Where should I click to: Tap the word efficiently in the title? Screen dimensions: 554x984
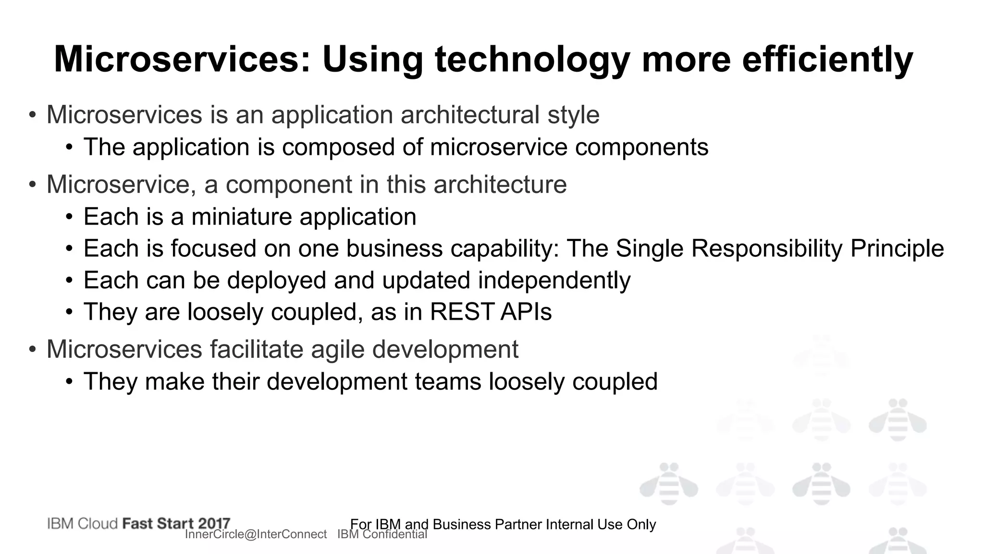point(827,60)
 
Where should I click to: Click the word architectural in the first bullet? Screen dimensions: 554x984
point(469,115)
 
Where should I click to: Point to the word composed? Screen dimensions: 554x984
point(338,147)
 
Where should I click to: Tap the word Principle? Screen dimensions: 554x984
point(897,249)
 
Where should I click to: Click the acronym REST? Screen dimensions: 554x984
point(462,312)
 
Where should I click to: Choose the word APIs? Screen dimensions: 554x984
point(526,312)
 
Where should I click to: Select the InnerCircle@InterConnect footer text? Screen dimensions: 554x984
point(256,535)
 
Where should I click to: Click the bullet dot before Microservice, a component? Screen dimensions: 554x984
point(32,185)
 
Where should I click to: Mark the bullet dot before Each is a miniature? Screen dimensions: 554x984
point(70,217)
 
